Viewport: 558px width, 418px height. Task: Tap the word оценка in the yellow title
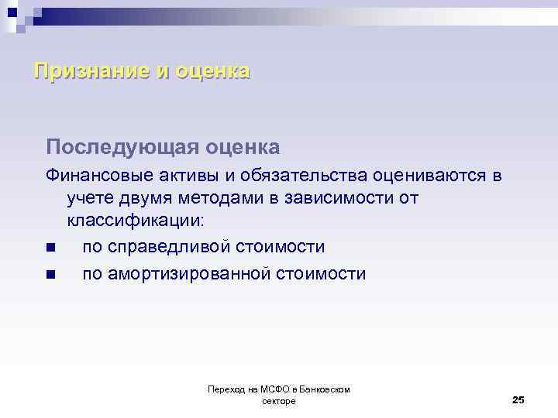pyautogui.click(x=212, y=71)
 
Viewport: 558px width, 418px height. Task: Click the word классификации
pyautogui.click(x=136, y=221)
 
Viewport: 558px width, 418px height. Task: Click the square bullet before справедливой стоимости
pyautogui.click(x=50, y=248)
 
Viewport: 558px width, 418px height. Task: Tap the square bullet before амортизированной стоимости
pyautogui.click(x=50, y=274)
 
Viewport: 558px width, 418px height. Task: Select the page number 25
pyautogui.click(x=518, y=399)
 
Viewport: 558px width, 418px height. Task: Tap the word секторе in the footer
pyautogui.click(x=279, y=401)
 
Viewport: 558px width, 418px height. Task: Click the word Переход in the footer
pyautogui.click(x=224, y=389)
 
